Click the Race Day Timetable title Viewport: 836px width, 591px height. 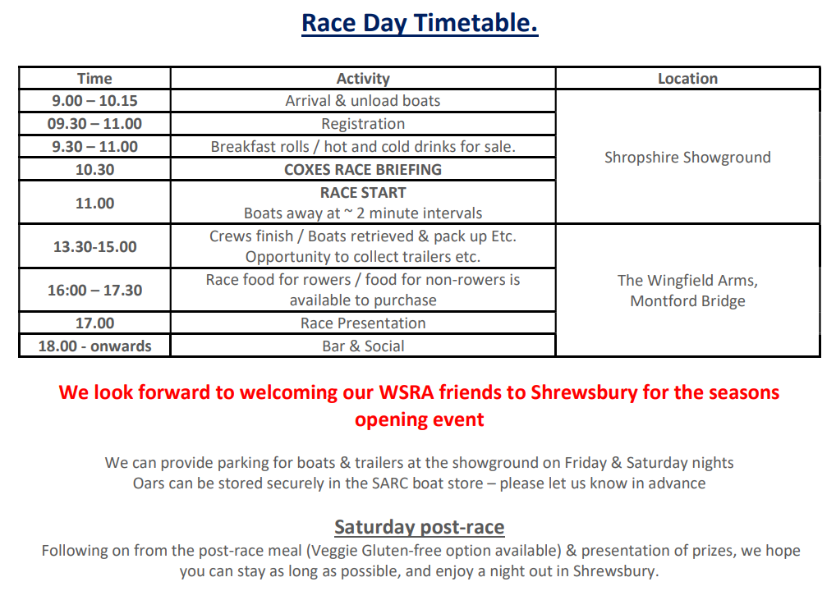pos(420,24)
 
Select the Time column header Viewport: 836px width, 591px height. pos(94,78)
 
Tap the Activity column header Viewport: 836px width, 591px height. pos(363,78)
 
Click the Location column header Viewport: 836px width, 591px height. pos(688,78)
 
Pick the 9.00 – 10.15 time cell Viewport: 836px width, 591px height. pos(94,101)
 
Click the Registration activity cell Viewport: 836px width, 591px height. pos(363,124)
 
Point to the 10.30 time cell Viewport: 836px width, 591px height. pos(94,169)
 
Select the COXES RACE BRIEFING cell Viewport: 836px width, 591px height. pos(363,169)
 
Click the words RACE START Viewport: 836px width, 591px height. pos(363,192)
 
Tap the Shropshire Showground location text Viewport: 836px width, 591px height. pos(688,158)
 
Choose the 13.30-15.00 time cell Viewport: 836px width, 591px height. pos(94,247)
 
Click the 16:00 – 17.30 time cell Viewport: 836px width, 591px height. pos(94,290)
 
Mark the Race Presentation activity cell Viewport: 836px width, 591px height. pos(363,323)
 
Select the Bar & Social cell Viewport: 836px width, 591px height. pos(363,346)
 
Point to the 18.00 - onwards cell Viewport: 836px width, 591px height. pos(94,346)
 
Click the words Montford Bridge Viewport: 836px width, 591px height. pos(688,301)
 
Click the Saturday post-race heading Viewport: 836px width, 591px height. pos(419,527)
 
